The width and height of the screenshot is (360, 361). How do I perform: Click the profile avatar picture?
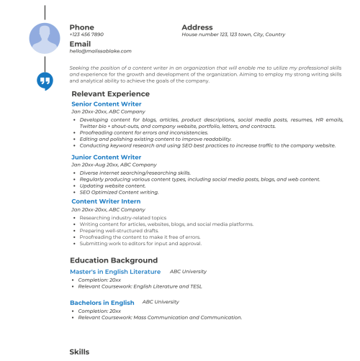pyautogui.click(x=45, y=38)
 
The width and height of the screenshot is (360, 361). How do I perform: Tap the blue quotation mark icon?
pyautogui.click(x=45, y=81)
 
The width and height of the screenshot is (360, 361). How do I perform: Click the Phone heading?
pyautogui.click(x=81, y=27)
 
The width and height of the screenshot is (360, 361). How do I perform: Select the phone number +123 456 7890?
pyautogui.click(x=86, y=35)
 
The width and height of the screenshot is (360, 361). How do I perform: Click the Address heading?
pyautogui.click(x=197, y=27)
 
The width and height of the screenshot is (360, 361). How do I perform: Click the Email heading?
pyautogui.click(x=80, y=44)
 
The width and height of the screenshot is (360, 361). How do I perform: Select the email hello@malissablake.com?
pyautogui.click(x=100, y=51)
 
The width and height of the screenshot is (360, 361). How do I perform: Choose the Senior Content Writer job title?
pyautogui.click(x=106, y=104)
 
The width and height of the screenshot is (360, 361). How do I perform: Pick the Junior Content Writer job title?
pyautogui.click(x=106, y=157)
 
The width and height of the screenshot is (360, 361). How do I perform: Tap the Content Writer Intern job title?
pyautogui.click(x=107, y=201)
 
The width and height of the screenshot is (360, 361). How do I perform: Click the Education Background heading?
pyautogui.click(x=113, y=260)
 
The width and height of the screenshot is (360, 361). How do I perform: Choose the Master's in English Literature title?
pyautogui.click(x=114, y=272)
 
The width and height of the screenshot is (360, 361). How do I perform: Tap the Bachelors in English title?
pyautogui.click(x=102, y=303)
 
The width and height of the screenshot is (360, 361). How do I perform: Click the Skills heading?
pyautogui.click(x=79, y=352)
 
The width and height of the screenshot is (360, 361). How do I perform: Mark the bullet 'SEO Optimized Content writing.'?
pyautogui.click(x=120, y=192)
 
